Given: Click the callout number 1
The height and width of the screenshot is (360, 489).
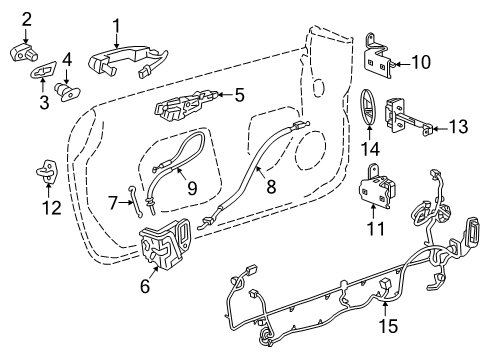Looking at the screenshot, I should pos(116,24).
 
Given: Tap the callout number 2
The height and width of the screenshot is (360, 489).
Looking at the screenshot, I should pos(26,18).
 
